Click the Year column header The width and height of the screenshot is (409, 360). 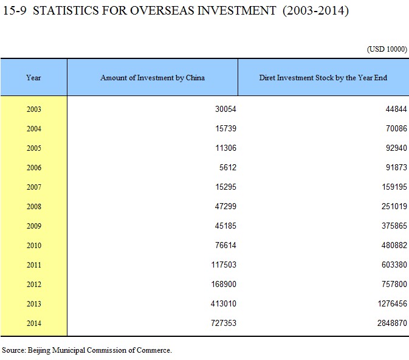[x=33, y=78]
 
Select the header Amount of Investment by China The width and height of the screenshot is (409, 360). [x=153, y=78]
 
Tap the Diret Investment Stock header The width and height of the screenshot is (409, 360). [x=323, y=78]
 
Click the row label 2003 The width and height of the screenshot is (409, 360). [x=34, y=109]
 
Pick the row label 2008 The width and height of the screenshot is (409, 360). [x=34, y=206]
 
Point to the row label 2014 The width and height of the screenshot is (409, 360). [x=34, y=323]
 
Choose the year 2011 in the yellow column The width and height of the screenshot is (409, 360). [x=34, y=265]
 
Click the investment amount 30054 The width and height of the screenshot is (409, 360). [x=225, y=109]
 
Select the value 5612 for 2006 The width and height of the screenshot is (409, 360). [x=228, y=167]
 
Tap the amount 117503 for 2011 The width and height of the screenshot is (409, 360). [x=224, y=265]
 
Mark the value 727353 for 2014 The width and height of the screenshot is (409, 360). [x=224, y=323]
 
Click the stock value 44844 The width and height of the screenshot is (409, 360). [x=396, y=109]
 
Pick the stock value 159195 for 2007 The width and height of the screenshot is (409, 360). [x=394, y=187]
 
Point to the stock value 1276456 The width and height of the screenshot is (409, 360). [x=393, y=303]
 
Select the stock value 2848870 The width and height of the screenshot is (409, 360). [x=392, y=323]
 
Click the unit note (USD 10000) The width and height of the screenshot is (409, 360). [x=387, y=49]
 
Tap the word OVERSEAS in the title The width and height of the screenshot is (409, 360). [x=162, y=11]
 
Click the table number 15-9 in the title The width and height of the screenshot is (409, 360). [x=15, y=11]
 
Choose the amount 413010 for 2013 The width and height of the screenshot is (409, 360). [x=224, y=303]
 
